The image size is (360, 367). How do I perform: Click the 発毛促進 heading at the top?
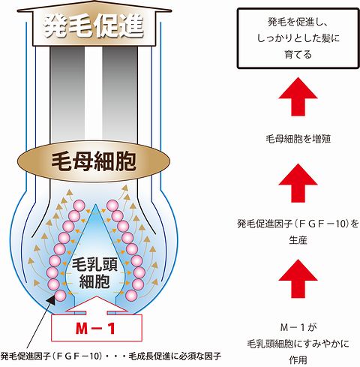pyautogui.click(x=94, y=27)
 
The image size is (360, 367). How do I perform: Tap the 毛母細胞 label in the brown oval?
pyautogui.click(x=94, y=161)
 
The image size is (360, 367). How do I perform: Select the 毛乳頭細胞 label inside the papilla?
pyautogui.click(x=94, y=273)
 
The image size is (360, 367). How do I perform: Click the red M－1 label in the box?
pyautogui.click(x=95, y=329)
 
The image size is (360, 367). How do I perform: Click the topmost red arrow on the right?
pyautogui.click(x=298, y=97)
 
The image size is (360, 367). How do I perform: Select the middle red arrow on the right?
pyautogui.click(x=298, y=183)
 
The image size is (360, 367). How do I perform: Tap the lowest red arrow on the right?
pyautogui.click(x=298, y=278)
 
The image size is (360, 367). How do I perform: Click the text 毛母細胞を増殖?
pyautogui.click(x=298, y=139)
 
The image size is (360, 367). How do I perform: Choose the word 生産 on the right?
pyautogui.click(x=298, y=240)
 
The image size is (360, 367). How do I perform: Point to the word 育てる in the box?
pyautogui.click(x=298, y=54)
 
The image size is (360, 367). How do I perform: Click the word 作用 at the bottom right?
pyautogui.click(x=298, y=360)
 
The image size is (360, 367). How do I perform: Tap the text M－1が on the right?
pyautogui.click(x=298, y=327)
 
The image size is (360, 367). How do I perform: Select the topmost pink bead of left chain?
pyautogui.click(x=79, y=206)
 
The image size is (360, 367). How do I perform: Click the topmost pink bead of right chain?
pyautogui.click(x=112, y=206)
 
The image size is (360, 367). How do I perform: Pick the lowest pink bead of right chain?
pyautogui.click(x=131, y=296)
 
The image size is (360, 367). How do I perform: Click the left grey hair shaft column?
pyautogui.click(x=67, y=95)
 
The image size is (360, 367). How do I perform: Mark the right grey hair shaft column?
pyautogui.click(x=120, y=95)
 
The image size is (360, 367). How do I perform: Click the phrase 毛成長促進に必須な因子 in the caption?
pyautogui.click(x=175, y=356)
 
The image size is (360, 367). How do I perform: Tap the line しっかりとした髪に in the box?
pyautogui.click(x=298, y=38)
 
